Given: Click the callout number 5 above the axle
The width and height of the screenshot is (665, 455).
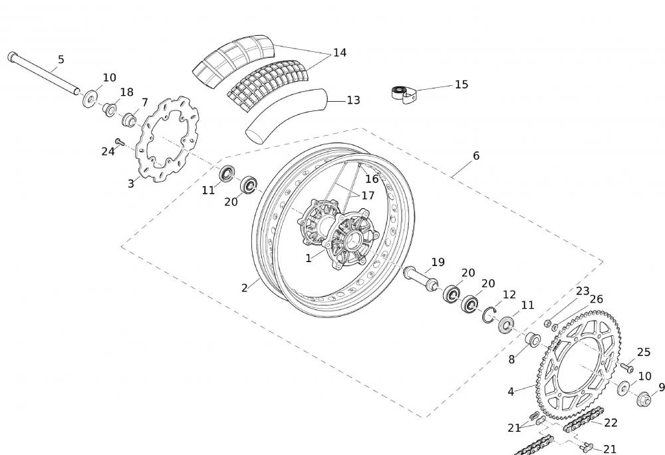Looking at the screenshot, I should coord(61,60).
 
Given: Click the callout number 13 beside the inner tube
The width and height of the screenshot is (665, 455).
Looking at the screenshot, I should coord(353,100).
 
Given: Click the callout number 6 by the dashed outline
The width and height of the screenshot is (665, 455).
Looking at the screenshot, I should coord(476,156).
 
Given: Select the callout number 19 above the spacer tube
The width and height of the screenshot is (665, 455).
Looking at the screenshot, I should coord(438,262).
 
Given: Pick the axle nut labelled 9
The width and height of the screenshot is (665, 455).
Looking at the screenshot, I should coord(643,399).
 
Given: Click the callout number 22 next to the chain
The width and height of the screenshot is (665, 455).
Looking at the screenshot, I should coord(610,422).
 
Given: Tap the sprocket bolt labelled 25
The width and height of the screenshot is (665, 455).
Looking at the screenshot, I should coord(626,366).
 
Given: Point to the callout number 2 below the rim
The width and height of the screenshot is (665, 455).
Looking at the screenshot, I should coord(245,288).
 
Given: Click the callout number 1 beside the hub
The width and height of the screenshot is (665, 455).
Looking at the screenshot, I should coord(309,258).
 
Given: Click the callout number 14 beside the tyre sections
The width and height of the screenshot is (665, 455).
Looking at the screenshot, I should coord(340,53).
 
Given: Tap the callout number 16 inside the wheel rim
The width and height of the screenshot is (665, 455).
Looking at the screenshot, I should coord(371,179).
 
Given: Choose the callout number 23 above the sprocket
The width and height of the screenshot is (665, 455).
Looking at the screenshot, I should coord(583,291).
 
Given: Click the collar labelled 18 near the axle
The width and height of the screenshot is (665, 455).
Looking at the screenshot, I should coord(109,108).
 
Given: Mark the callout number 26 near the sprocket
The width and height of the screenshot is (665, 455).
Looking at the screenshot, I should coord(596,299).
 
